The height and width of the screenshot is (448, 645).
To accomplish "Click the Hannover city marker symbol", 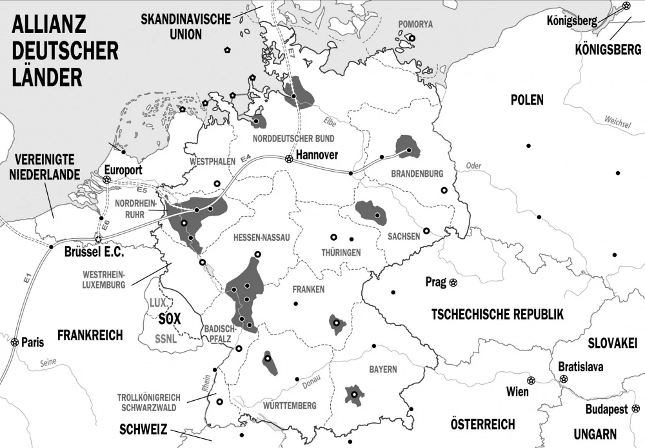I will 290,158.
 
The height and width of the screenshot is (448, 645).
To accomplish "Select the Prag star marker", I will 453,282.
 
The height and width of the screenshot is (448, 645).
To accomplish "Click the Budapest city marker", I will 637,409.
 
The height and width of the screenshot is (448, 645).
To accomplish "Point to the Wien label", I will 517,392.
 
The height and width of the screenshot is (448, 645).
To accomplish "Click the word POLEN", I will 526,100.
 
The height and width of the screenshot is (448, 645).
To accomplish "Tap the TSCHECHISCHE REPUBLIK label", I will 497,314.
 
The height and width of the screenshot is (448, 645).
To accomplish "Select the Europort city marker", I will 106,179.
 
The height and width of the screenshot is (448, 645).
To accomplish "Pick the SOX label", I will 169,318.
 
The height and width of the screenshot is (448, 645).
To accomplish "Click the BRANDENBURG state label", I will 417,174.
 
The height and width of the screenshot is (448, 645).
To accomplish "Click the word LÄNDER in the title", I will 45,76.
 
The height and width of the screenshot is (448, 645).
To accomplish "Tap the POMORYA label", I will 416,25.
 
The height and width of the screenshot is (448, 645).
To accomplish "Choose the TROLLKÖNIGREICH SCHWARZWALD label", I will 148,402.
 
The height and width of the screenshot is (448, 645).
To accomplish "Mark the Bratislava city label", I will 580,367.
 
